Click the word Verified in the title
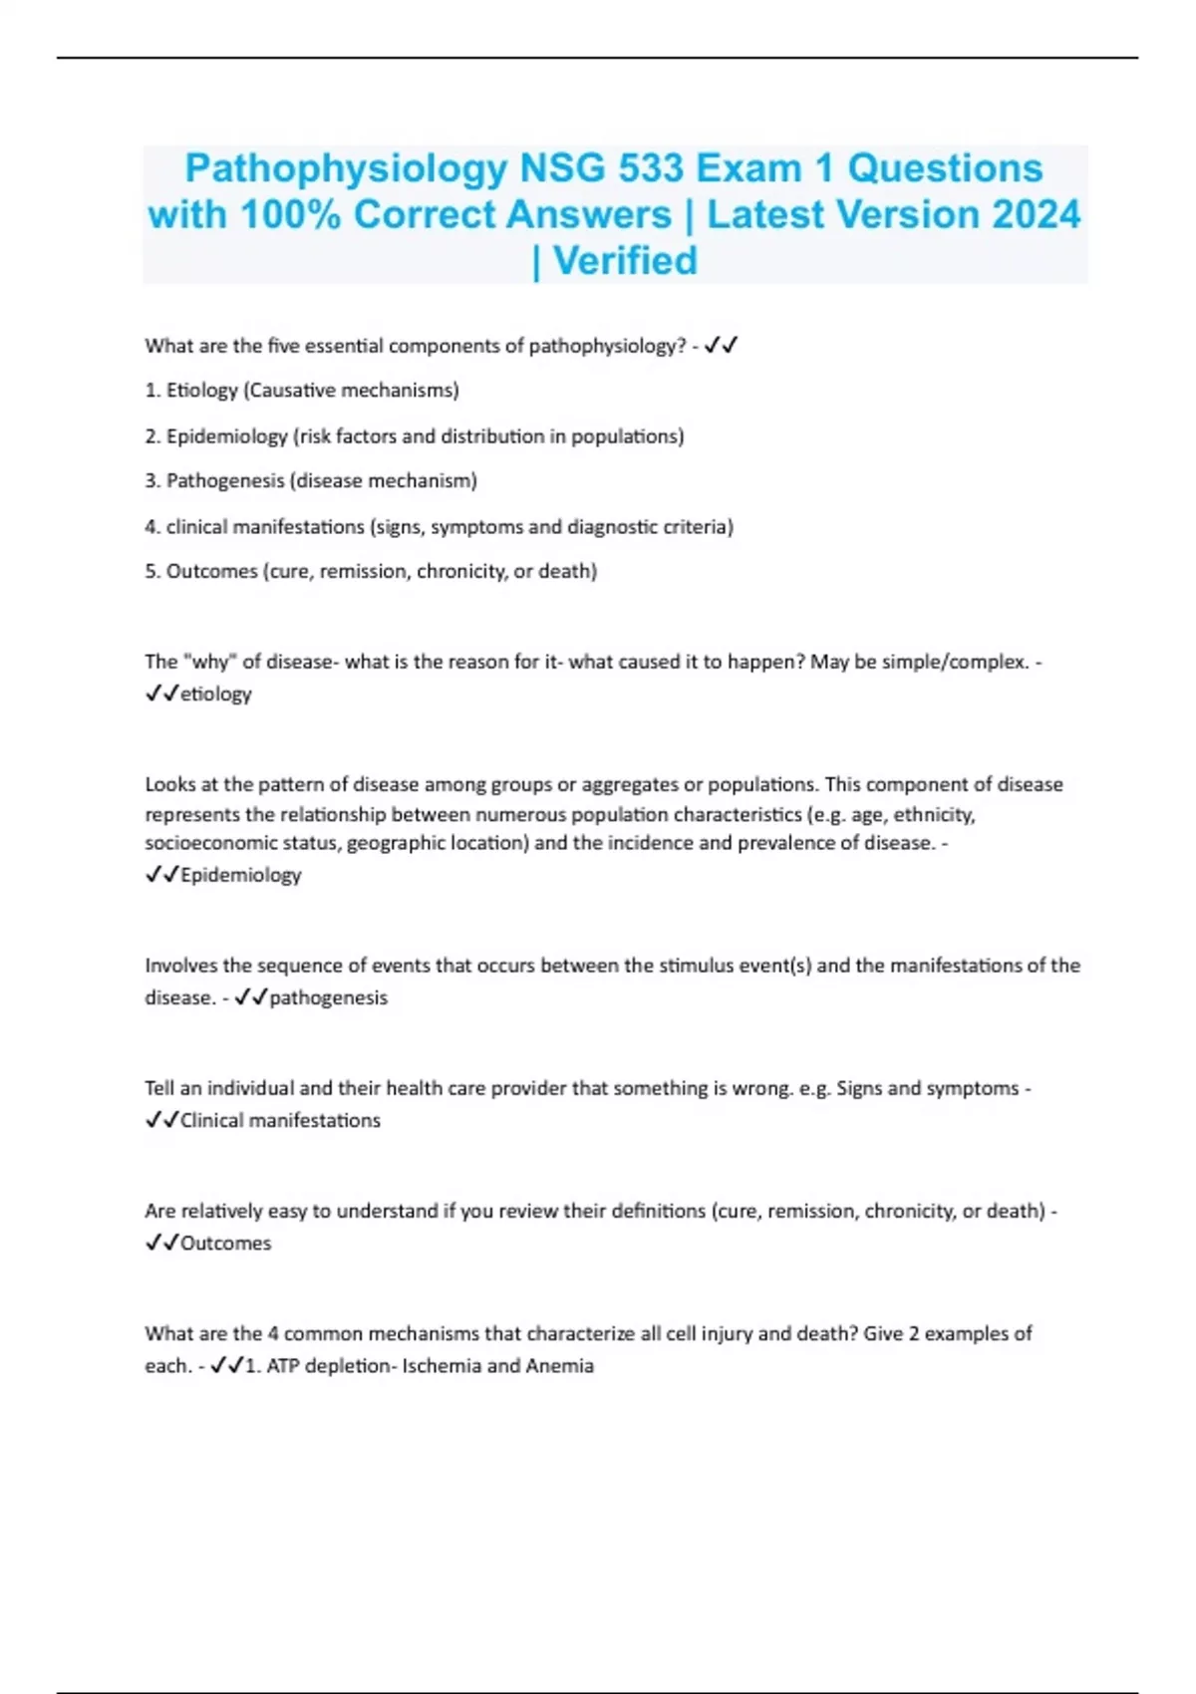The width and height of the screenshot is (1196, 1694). pos(625,261)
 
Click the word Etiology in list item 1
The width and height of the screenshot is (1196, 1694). pos(202,391)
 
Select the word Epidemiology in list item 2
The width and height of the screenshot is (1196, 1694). pos(226,436)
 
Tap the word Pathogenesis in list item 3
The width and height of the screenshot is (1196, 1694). pos(224,481)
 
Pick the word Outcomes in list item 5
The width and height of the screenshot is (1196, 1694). pos(211,572)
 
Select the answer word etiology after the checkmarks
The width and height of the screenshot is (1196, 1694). pos(215,695)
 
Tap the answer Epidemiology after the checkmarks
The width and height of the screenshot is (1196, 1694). pos(240,875)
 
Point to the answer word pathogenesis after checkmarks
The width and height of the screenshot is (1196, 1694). pos(328,997)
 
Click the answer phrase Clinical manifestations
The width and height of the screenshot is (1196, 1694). pos(280,1120)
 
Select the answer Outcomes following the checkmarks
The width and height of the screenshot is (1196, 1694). pos(225,1244)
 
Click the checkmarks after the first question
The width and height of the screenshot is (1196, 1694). pos(721,346)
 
